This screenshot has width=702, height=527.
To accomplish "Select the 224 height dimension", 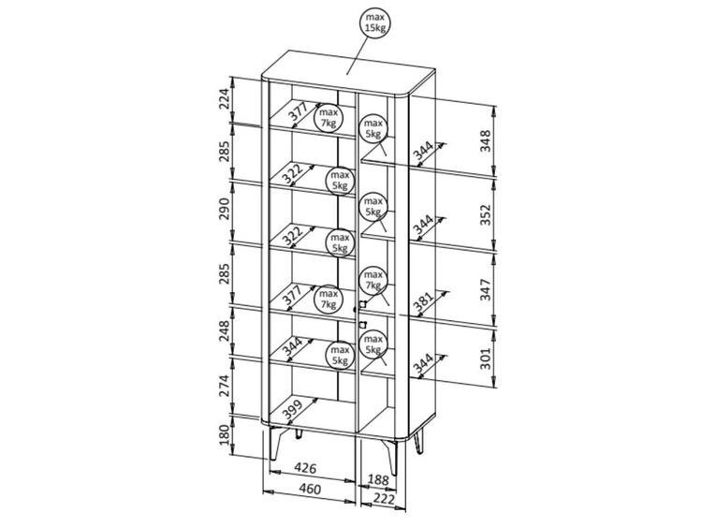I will pyautogui.click(x=225, y=100).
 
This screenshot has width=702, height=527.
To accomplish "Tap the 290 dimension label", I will pyautogui.click(x=225, y=211).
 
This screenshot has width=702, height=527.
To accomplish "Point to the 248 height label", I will pyautogui.click(x=225, y=330).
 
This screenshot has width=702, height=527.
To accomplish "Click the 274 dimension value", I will pyautogui.click(x=225, y=388).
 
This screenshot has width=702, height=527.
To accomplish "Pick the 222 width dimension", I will pyautogui.click(x=382, y=500).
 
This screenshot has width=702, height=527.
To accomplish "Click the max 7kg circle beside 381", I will pyautogui.click(x=373, y=278).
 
